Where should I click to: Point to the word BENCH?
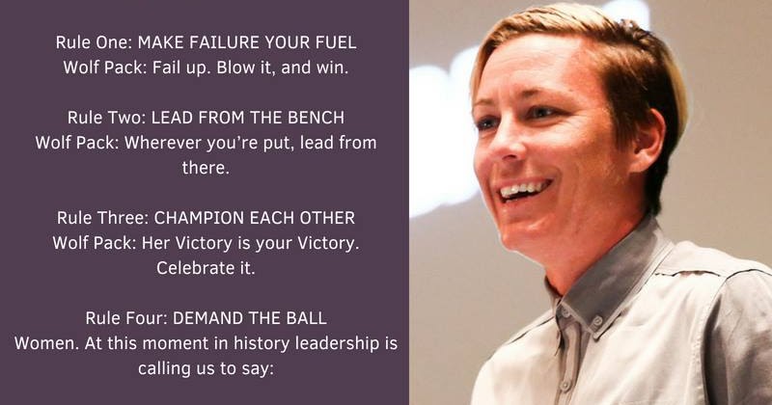point(317,118)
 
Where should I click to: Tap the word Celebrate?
point(188,268)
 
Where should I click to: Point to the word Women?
point(46,343)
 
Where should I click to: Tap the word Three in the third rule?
point(124,218)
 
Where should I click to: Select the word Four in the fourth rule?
point(147,318)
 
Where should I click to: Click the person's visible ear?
point(648,139)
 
